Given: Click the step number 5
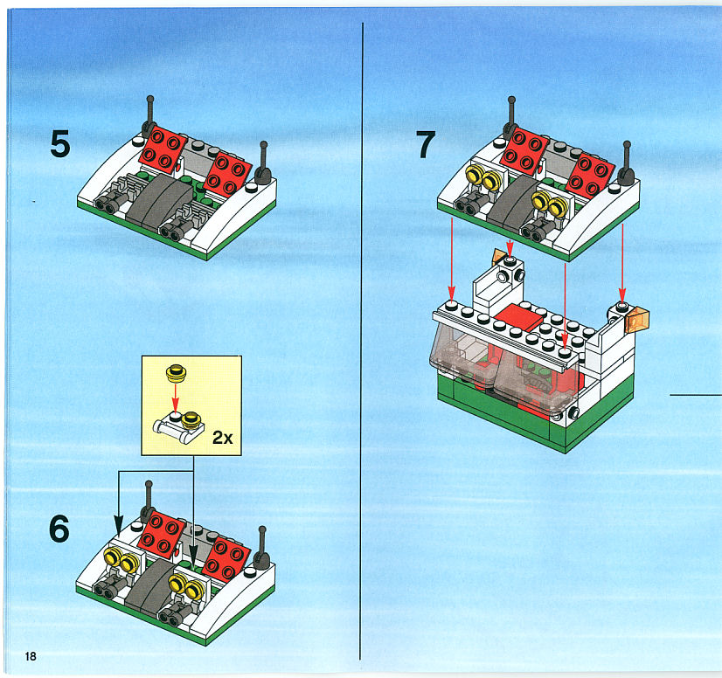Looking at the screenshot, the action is [x=60, y=143].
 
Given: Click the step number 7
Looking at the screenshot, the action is [x=426, y=144].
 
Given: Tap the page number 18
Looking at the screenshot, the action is [x=31, y=656].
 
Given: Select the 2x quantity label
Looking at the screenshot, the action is [x=222, y=437].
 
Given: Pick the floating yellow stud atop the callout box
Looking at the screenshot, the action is [x=176, y=372].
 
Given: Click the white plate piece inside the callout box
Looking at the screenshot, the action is [x=178, y=430].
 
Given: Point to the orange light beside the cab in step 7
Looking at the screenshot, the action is [x=638, y=319].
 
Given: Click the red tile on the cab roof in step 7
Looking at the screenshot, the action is [x=519, y=316].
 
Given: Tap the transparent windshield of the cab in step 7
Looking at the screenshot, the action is [x=504, y=368].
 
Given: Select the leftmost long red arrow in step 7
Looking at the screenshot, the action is [x=452, y=259].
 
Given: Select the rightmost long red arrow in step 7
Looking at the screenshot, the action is [x=622, y=263].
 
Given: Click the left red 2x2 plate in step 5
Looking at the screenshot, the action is [x=163, y=148].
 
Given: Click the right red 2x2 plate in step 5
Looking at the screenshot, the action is [x=228, y=174].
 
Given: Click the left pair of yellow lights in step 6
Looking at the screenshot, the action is [x=121, y=558].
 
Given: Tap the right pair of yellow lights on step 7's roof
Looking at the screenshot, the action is [x=551, y=204].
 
